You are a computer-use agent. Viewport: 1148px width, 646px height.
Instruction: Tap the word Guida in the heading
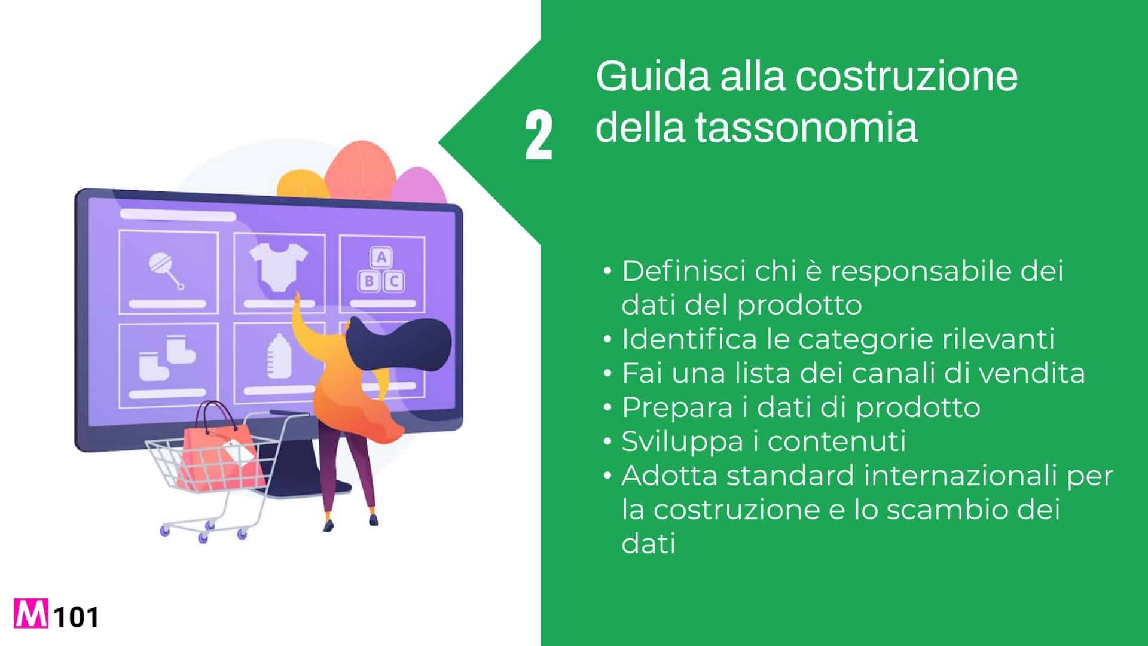(652, 76)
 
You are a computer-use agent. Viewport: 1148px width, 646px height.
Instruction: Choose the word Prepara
(677, 408)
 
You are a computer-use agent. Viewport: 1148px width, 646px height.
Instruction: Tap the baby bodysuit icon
(278, 267)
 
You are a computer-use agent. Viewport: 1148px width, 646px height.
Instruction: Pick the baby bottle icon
(278, 356)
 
